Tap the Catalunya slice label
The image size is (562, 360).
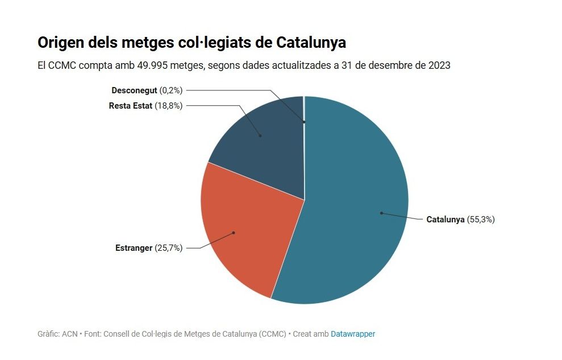(446, 219)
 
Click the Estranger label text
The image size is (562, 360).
(134, 248)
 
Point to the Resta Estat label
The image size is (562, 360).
(131, 106)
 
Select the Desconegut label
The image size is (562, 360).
(135, 90)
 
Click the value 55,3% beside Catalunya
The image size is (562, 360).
(481, 219)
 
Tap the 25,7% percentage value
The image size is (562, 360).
(168, 248)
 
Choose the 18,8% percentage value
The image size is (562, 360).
(168, 106)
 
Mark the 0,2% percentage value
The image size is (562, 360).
(170, 90)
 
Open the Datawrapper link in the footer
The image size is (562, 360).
(353, 334)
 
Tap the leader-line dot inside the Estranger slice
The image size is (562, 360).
(233, 233)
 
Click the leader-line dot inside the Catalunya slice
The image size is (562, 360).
(381, 213)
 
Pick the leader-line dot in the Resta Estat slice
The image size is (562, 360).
(260, 135)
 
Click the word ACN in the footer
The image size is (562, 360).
(70, 334)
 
